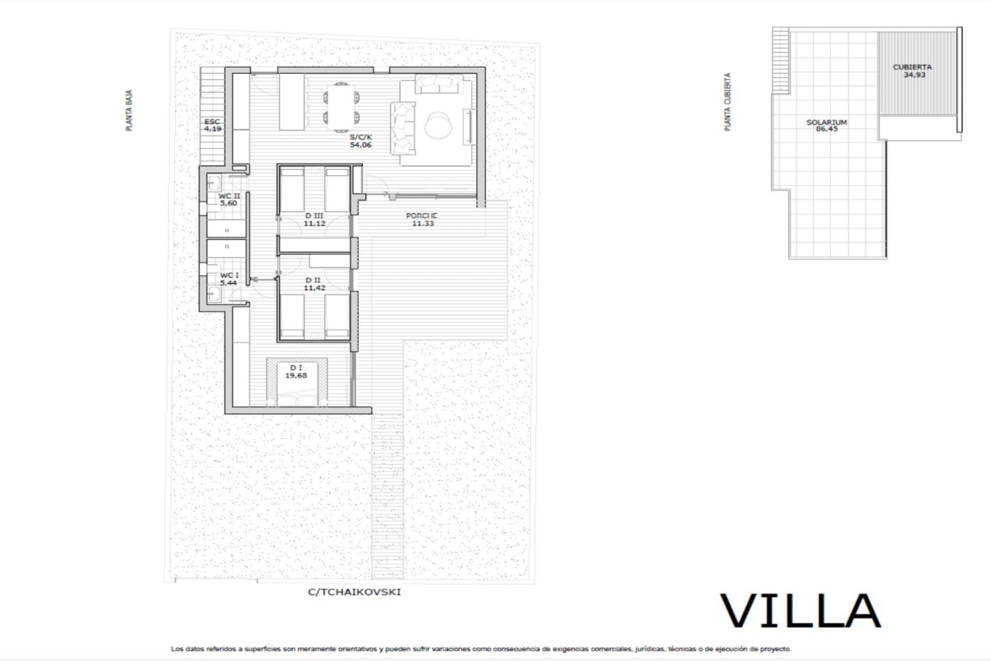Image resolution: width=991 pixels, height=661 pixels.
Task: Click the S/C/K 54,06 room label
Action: coord(361,141)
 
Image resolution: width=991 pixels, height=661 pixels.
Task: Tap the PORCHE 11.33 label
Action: coord(422,219)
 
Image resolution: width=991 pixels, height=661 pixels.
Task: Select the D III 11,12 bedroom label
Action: coord(314,219)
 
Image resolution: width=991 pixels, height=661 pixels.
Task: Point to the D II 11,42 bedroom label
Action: coord(314,284)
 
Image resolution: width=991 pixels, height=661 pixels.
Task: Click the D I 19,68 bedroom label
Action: coord(296,371)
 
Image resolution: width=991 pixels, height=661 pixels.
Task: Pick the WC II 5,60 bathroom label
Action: coord(229,199)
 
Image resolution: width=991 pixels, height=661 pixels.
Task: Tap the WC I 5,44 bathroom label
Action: coord(229,279)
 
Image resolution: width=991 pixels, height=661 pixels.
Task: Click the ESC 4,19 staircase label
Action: coord(213,125)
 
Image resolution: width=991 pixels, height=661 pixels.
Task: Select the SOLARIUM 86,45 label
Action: coord(827,125)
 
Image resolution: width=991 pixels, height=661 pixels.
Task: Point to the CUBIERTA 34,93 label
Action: coord(913,71)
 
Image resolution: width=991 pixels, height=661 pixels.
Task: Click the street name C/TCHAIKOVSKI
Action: coord(354,592)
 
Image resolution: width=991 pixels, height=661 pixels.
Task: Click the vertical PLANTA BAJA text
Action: coord(130,110)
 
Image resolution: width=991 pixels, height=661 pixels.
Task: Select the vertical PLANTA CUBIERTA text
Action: coord(728,102)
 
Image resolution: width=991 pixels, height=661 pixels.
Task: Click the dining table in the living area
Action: coord(341,105)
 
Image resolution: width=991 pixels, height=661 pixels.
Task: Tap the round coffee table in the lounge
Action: coord(439,125)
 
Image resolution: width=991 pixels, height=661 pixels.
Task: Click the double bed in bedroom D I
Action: coord(297,382)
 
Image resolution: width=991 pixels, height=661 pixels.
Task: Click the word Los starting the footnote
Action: coord(177,649)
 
